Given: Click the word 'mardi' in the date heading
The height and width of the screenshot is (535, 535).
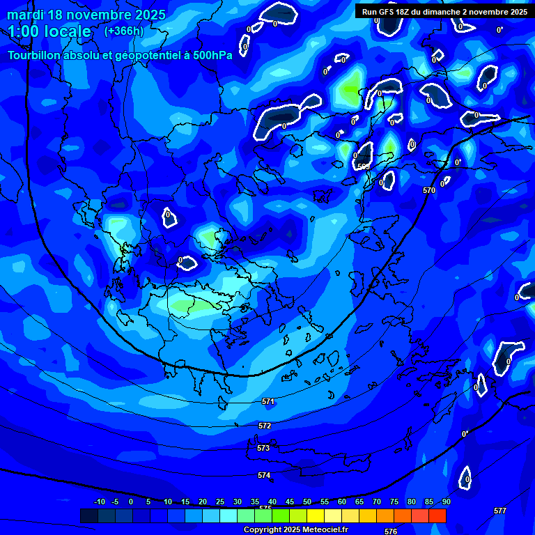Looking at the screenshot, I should coord(25,15).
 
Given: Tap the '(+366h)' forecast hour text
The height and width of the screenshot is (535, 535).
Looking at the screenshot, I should coord(124,31).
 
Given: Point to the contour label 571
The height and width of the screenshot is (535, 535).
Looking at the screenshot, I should coord(268,402).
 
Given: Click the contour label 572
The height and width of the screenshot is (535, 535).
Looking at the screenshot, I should coord(265,426).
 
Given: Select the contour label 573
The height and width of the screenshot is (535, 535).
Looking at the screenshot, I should coord(263,448).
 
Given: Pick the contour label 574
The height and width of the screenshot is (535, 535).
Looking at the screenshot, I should coord(264,475).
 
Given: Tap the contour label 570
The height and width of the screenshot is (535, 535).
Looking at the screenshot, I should coord(429,190).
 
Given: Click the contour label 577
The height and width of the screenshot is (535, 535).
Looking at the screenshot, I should coord(500,511).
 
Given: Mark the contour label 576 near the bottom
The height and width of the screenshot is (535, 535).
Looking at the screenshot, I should coord(391,532).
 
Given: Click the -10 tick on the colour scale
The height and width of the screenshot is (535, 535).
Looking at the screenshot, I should coord(99,502).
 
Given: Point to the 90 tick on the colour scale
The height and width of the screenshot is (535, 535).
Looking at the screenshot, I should coord(446,502).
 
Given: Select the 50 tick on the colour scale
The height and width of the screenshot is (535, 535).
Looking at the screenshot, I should coord(307,502).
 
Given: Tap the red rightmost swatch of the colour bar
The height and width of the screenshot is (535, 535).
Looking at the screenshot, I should coord(437,515).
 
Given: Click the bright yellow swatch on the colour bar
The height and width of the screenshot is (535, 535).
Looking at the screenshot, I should coord(316,515).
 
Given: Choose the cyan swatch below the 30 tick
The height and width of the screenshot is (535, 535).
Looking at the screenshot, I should coord(228,515).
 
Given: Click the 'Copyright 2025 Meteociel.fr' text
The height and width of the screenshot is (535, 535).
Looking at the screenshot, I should coord(295,529).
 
